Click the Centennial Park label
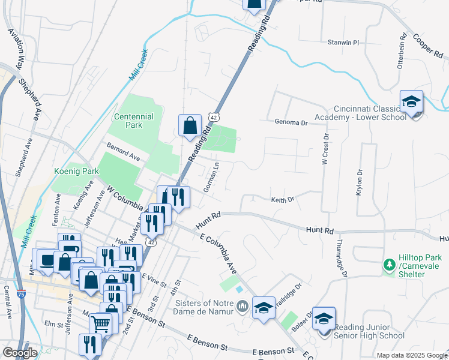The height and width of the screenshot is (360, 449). click(x=134, y=121)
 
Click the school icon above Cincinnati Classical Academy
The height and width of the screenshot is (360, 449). click(x=412, y=102)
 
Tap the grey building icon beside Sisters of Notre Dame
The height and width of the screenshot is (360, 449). click(x=243, y=307)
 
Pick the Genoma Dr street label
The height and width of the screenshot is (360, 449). click(x=291, y=122)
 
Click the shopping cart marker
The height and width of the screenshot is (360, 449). click(x=101, y=324)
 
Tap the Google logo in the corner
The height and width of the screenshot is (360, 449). click(x=20, y=353)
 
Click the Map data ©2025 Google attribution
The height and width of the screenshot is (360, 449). click(x=411, y=355)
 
